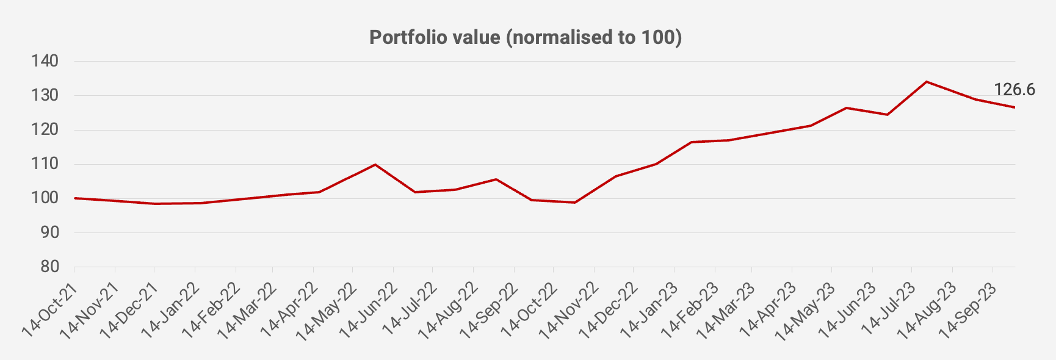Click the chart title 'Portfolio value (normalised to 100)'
pyautogui.click(x=525, y=37)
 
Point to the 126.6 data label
pyautogui.click(x=1014, y=90)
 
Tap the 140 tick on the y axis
pyautogui.click(x=46, y=61)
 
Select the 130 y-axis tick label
pyautogui.click(x=46, y=95)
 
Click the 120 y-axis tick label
pyautogui.click(x=46, y=130)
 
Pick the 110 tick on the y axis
pyautogui.click(x=46, y=164)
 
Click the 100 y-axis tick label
pyautogui.click(x=46, y=198)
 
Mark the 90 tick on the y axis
pyautogui.click(x=49, y=232)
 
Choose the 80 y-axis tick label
pyautogui.click(x=49, y=267)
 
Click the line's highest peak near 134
pyautogui.click(x=927, y=82)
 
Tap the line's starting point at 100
pyautogui.click(x=74, y=198)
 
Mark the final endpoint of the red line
pyautogui.click(x=1014, y=107)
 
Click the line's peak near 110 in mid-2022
pyautogui.click(x=375, y=165)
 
